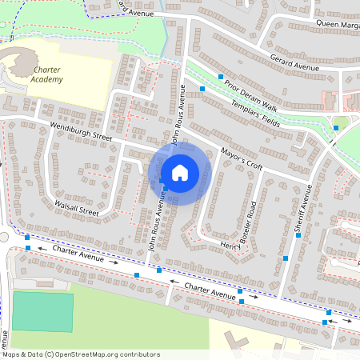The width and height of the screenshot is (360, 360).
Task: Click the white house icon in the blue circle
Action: tap(180, 173)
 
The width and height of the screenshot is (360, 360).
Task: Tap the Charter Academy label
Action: tap(58, 75)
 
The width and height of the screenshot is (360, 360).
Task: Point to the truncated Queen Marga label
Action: tap(337, 24)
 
